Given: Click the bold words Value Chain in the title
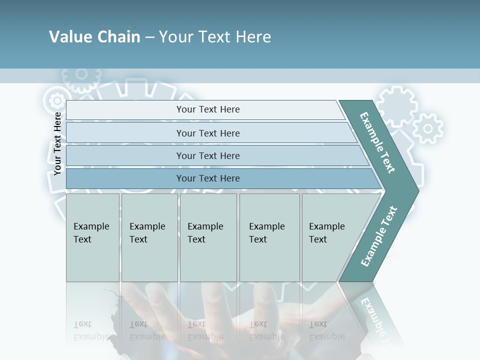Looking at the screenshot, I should [94, 37].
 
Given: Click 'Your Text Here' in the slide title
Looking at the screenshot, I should [215, 37].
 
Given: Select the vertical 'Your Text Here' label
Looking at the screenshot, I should [57, 143].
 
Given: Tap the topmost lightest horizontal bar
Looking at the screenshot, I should [207, 109].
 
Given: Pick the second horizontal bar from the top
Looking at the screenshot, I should [207, 133].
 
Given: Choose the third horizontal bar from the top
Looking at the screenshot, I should [207, 155].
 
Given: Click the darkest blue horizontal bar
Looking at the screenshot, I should [207, 178].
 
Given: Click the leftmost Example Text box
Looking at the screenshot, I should [92, 237].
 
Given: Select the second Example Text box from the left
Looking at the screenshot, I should [149, 237].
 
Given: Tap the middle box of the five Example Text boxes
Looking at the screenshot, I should [208, 237].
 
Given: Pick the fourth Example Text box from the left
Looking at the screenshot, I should [269, 237].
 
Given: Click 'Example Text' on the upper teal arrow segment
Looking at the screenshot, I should [377, 142].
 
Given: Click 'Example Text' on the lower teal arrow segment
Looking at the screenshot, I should [379, 236].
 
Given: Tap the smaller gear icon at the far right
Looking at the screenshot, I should [427, 128].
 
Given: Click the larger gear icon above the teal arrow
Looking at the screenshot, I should [396, 106].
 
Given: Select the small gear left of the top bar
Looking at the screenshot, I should [54, 100].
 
